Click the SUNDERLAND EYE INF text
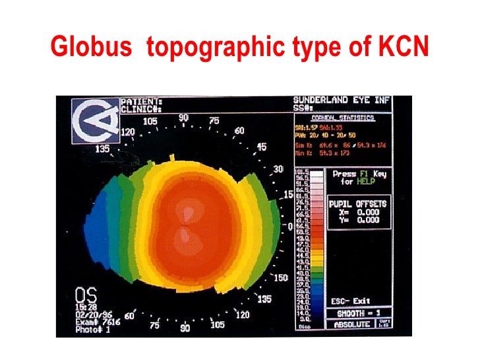pos(341,100)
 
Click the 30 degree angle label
pos(278,169)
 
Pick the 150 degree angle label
pos(280,278)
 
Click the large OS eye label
pos(82,293)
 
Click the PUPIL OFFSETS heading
pos(359,204)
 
